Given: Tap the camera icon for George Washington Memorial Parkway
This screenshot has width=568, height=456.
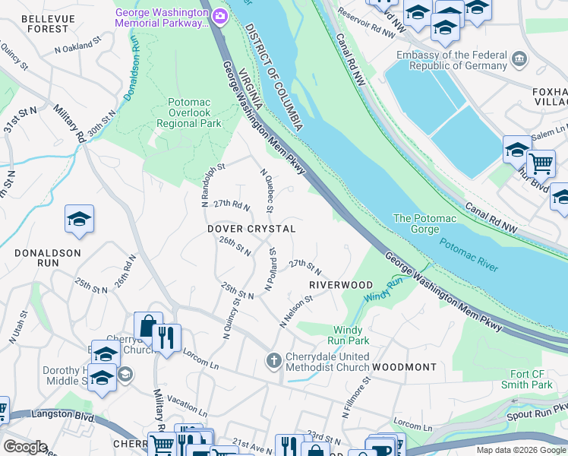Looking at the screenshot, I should pos(219,14).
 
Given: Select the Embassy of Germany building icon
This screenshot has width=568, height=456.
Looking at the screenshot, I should pos(519,59).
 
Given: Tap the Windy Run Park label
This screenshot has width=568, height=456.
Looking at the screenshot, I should pos(349,335).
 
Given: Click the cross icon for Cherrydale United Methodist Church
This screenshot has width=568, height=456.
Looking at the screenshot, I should pos(273,359).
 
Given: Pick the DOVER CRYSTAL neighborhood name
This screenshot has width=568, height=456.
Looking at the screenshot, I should pos(251,229).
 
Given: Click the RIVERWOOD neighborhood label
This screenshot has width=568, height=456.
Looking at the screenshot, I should pos(341,285).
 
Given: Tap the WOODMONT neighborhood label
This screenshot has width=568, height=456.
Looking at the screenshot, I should pos(405,367).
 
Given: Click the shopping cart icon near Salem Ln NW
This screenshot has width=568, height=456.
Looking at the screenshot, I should pos(541,163).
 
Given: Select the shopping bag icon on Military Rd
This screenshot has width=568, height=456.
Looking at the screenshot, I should pos(147,325).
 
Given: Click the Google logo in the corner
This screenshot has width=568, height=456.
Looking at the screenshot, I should pos(25,446).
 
